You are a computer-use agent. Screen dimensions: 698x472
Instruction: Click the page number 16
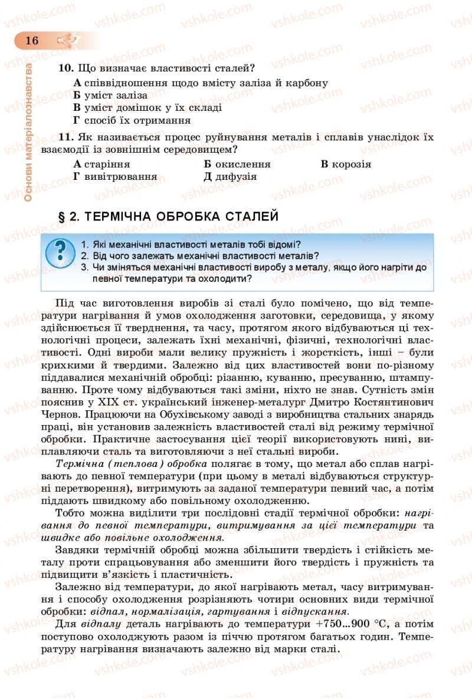pyautogui.click(x=31, y=40)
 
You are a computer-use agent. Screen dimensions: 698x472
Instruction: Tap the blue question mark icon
pyautogui.click(x=60, y=252)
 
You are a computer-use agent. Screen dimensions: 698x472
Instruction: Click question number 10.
pyautogui.click(x=65, y=68)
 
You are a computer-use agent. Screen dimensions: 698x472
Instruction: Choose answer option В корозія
pyautogui.click(x=346, y=164)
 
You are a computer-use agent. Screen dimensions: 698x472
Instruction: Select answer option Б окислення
pyautogui.click(x=237, y=164)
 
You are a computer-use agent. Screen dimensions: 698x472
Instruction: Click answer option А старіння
pyautogui.click(x=101, y=164)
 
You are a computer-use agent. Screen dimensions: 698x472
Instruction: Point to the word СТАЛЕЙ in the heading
pyautogui.click(x=253, y=217)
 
